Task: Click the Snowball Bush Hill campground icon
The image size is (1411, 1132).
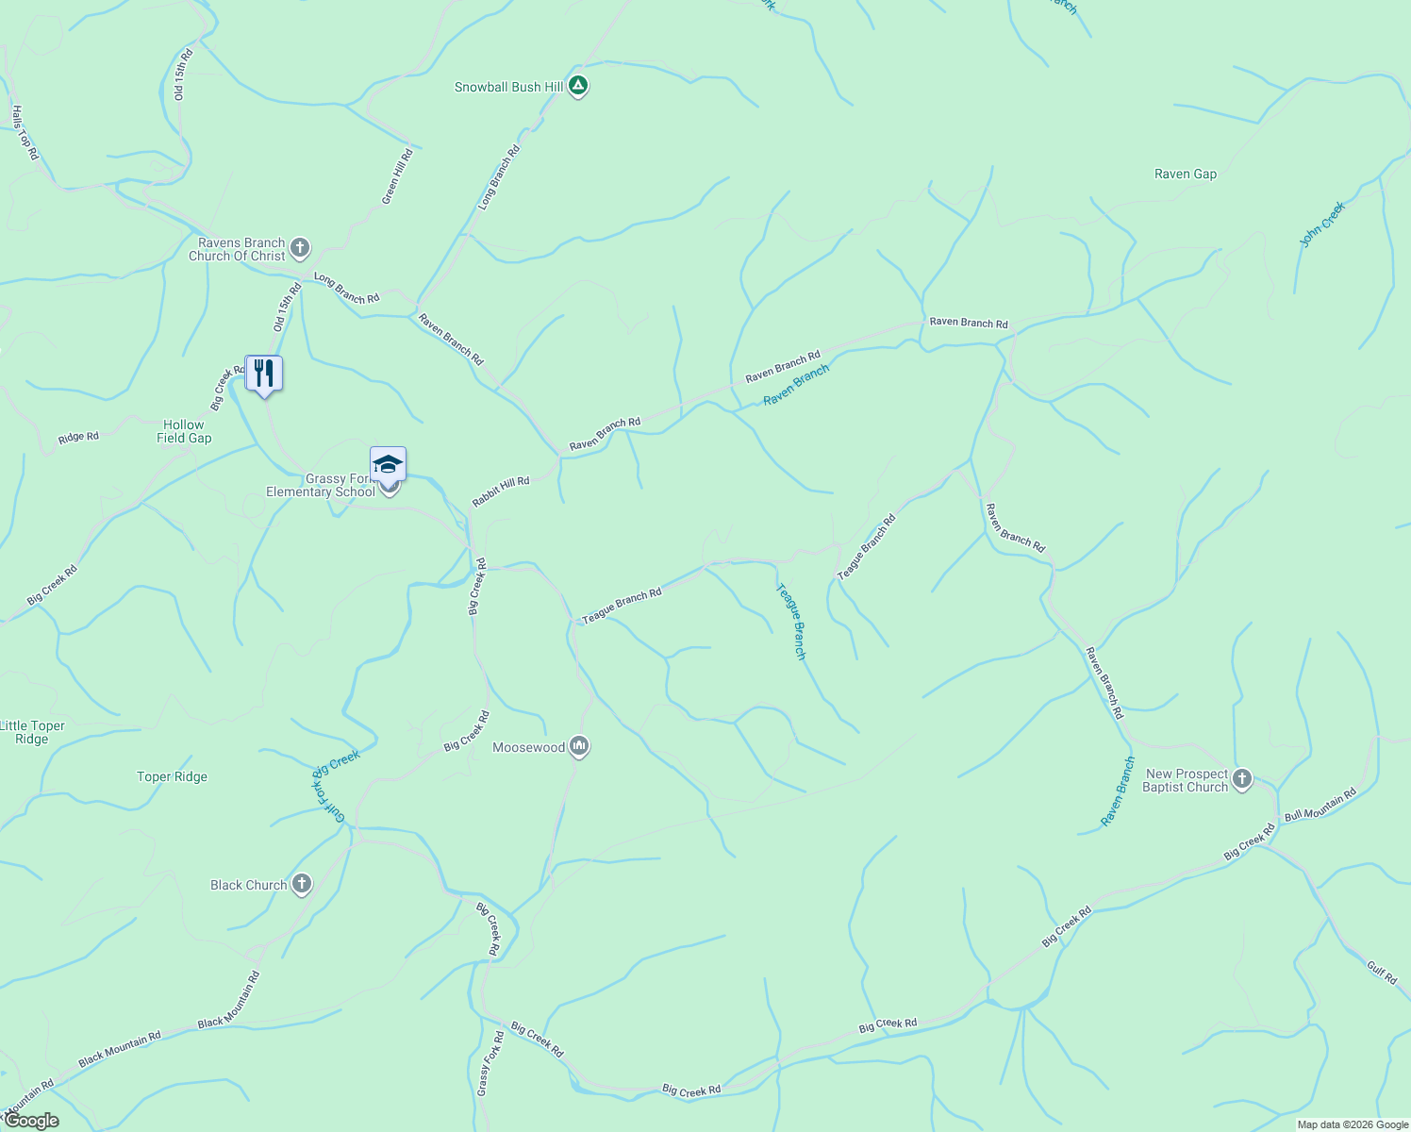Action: pyautogui.click(x=578, y=87)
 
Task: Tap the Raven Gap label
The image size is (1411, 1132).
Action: pyautogui.click(x=1186, y=174)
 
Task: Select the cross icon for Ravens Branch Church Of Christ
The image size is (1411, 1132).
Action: pyautogui.click(x=300, y=249)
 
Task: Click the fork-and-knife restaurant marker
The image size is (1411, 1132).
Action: pyautogui.click(x=264, y=374)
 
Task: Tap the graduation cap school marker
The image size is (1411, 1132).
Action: pyautogui.click(x=388, y=464)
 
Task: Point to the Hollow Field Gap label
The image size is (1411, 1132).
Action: pyautogui.click(x=184, y=431)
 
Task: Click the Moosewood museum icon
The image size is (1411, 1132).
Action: pyautogui.click(x=579, y=747)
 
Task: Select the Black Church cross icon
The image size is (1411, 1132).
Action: pyautogui.click(x=301, y=885)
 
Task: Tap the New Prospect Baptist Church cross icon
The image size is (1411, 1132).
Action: pyautogui.click(x=1242, y=779)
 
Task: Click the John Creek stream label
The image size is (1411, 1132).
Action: pyautogui.click(x=1322, y=225)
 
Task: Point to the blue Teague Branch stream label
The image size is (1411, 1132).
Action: pyautogui.click(x=791, y=621)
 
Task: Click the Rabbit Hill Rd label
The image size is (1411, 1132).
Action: pyautogui.click(x=501, y=492)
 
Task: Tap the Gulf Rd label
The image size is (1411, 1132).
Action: pyautogui.click(x=1382, y=972)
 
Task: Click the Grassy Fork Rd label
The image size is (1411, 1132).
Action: pyautogui.click(x=490, y=1063)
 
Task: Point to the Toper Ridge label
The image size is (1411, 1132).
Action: pyautogui.click(x=172, y=776)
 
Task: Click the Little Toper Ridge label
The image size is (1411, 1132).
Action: pyautogui.click(x=33, y=732)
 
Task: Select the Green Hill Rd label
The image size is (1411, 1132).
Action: pyautogui.click(x=397, y=176)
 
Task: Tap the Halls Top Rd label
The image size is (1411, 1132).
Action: pyautogui.click(x=25, y=132)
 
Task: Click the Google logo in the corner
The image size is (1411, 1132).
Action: pyautogui.click(x=31, y=1121)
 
